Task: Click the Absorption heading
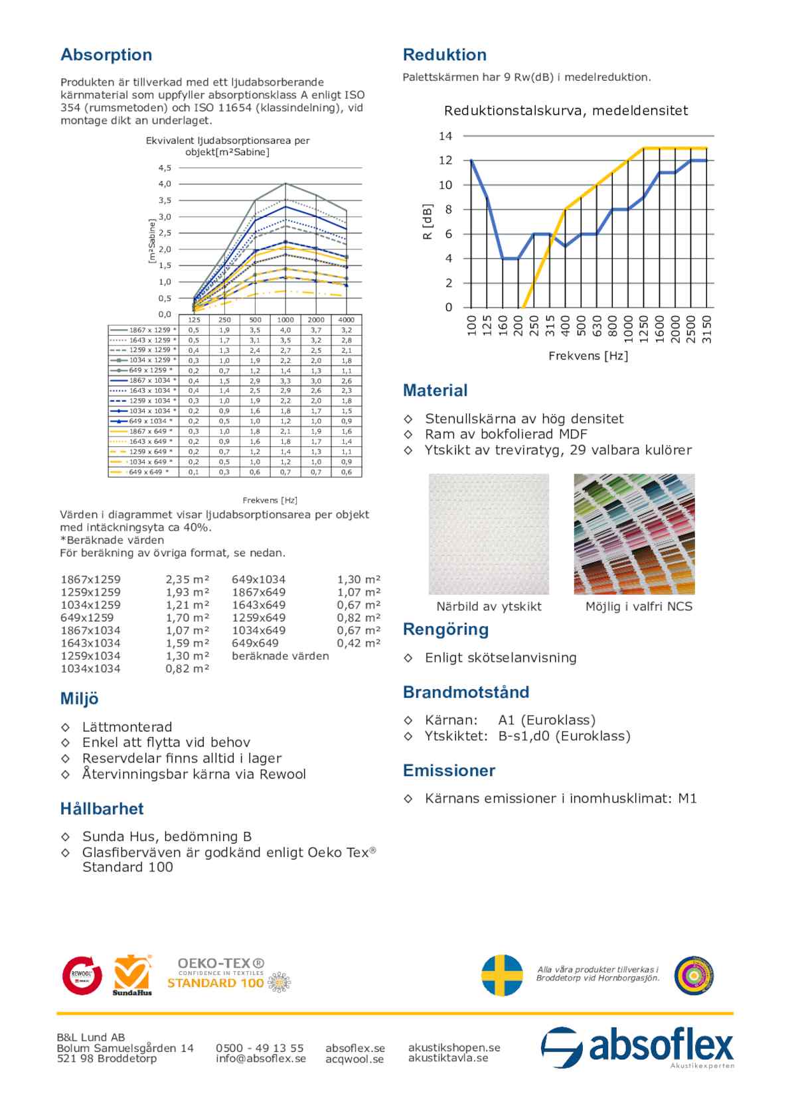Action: coord(106,54)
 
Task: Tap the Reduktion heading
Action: coord(444,54)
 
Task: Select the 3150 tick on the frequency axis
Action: coord(707,329)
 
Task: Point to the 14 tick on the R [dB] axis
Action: coord(445,136)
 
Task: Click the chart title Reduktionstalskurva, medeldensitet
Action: coord(566,111)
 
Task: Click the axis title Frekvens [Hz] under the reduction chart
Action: coord(588,356)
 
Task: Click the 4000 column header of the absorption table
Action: coord(347,320)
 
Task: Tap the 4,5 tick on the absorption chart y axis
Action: coord(165,168)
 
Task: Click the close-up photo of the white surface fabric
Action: coord(489,534)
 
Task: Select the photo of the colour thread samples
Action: coord(634,534)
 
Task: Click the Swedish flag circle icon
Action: coord(502,975)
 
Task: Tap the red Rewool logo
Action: coord(82,975)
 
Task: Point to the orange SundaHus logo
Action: coord(132,975)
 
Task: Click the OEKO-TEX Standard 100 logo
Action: coord(226,974)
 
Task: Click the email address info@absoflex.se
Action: coord(261,1059)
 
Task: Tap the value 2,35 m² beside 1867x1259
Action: coord(187,580)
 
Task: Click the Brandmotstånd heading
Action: coord(466,692)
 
